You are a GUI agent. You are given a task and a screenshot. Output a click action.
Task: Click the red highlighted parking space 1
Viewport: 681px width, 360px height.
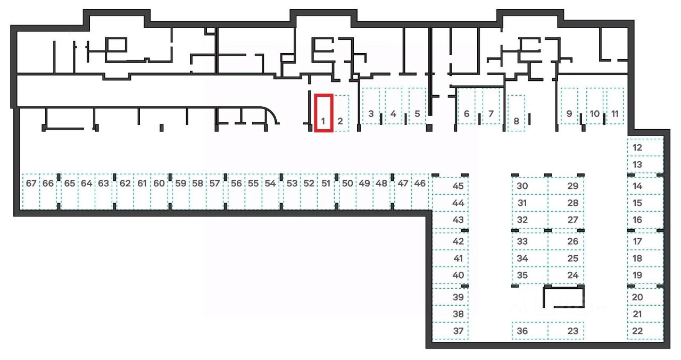323,113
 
